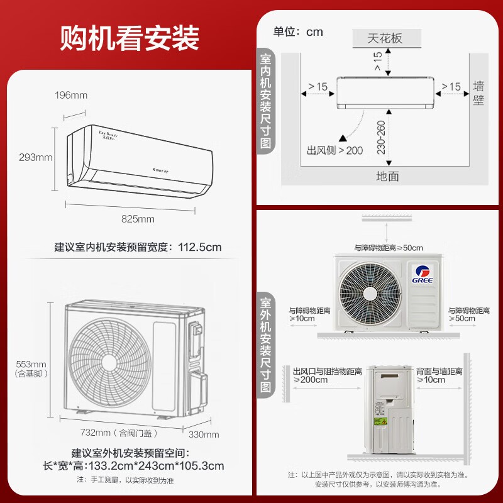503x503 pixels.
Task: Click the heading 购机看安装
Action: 130,38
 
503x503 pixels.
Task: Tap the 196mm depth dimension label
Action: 71,96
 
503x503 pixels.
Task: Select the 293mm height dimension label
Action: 35,157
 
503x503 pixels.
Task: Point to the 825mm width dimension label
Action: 138,219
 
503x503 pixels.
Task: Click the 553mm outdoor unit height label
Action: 30,364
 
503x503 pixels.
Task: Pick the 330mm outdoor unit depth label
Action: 204,434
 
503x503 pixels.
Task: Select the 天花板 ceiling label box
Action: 385,38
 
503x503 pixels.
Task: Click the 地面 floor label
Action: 387,176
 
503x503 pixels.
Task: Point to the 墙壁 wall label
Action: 479,93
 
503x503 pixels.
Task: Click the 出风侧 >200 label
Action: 334,151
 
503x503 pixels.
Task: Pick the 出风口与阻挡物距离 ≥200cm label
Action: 327,375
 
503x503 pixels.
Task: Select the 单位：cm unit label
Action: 298,32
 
